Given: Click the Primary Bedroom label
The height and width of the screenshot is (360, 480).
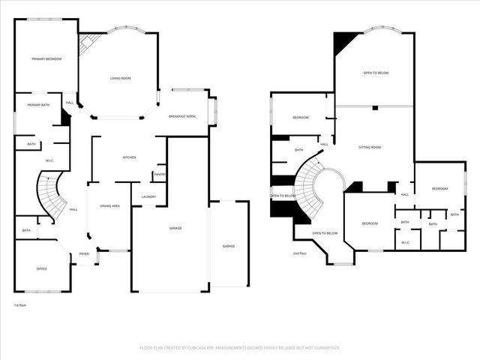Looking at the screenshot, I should (46, 58).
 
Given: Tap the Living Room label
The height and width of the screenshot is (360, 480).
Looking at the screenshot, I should (121, 78).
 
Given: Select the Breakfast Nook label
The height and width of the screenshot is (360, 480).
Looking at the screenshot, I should (182, 116).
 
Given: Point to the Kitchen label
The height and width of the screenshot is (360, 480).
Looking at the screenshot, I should (129, 157).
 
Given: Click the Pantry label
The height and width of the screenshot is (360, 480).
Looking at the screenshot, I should (160, 175).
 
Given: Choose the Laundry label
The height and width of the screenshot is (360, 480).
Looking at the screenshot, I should (148, 196).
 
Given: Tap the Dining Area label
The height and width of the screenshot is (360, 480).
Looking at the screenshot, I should (110, 205).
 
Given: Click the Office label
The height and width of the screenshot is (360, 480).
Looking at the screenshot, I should (42, 268).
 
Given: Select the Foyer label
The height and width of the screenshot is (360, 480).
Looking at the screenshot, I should (84, 254).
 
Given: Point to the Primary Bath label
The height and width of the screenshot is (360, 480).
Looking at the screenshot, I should (39, 105).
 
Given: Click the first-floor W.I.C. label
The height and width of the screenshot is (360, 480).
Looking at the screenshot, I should (49, 160).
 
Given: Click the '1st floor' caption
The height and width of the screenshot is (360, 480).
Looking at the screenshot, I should (19, 305).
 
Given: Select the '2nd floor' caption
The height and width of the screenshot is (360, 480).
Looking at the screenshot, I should (300, 253).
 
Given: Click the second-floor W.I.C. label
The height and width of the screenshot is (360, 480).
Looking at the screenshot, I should (405, 241).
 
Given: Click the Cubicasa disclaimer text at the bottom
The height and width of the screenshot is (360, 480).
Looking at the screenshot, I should (240, 348).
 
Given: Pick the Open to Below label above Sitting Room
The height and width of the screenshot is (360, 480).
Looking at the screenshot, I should (376, 73).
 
